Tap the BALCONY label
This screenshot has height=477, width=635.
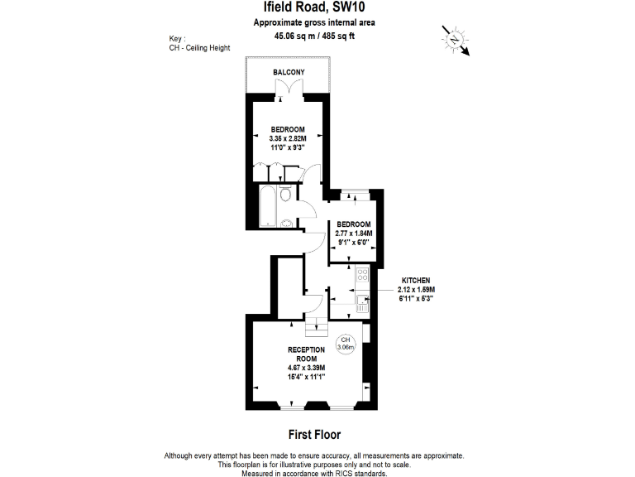tap(289, 73)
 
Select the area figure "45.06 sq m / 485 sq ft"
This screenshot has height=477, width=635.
tap(313, 36)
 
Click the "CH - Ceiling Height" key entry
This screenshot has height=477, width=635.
tap(198, 48)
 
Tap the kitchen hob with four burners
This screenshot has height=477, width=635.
tap(362, 276)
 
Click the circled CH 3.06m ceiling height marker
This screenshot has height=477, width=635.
tap(346, 344)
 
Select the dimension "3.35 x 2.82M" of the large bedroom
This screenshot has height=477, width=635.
tap(289, 138)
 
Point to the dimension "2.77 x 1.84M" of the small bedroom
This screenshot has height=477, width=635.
tap(353, 234)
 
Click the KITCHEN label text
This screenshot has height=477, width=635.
tap(415, 280)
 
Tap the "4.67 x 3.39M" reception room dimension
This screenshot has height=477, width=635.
tap(305, 367)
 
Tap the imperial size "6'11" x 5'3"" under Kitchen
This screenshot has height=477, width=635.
tap(415, 298)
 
